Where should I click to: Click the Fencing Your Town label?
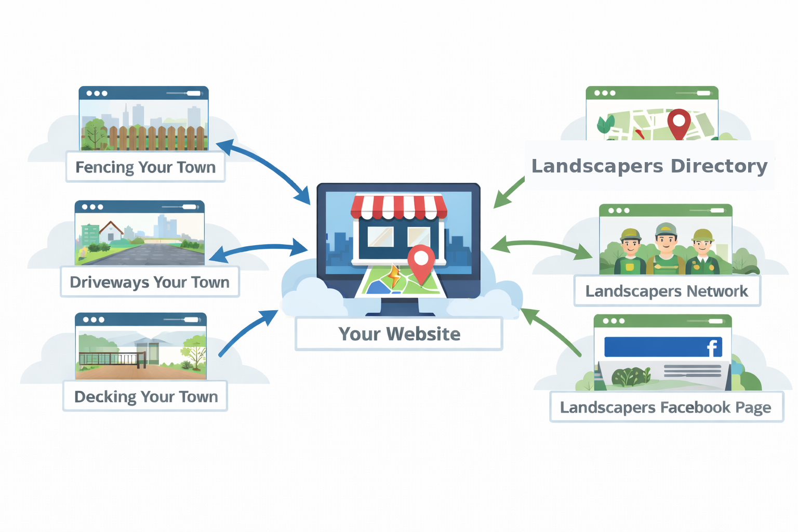point(145,167)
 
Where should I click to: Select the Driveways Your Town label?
point(150,282)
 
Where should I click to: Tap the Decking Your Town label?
point(146,397)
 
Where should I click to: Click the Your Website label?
point(399,334)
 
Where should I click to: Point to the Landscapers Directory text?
point(649,166)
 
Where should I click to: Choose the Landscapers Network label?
point(667,291)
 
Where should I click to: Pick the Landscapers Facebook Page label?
point(666,407)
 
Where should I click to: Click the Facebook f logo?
point(712,348)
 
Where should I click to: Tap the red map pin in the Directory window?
point(679,123)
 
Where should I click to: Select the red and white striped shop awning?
point(398,207)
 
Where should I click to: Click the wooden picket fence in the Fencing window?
point(156,138)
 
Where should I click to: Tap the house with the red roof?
point(111,232)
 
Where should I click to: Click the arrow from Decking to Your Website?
point(247,332)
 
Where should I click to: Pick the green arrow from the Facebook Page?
point(551,332)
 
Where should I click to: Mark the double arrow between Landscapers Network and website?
point(540,246)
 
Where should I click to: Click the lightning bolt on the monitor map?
point(394,276)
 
